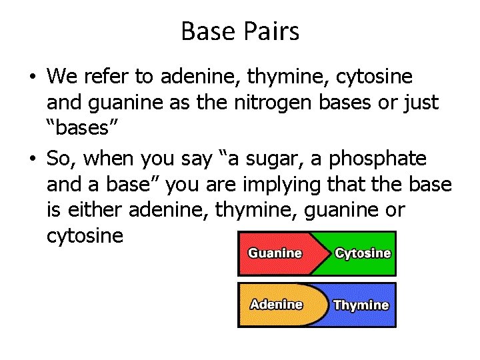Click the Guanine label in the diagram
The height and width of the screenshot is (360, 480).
275,253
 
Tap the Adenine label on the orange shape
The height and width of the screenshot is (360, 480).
276,305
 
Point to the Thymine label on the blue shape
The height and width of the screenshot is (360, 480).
361,305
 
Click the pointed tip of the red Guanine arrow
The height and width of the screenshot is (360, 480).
331,253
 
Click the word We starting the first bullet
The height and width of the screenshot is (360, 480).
62,77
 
